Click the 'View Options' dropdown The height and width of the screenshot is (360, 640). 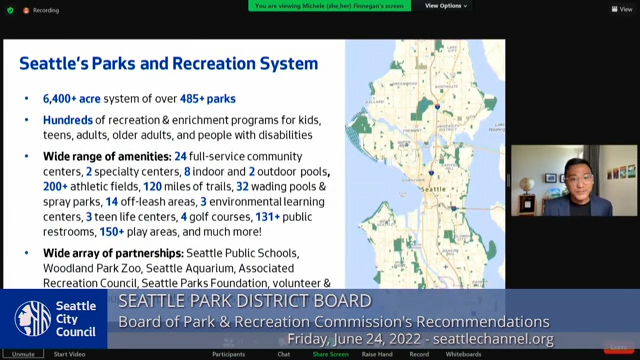point(446,5)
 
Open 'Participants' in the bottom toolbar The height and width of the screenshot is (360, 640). point(228,354)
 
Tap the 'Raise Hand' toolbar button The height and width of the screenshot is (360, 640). point(376,354)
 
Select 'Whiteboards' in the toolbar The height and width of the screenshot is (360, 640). point(463,354)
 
